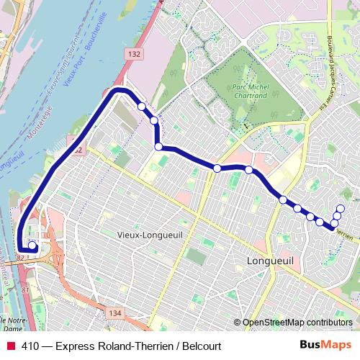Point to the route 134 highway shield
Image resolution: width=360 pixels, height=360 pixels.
coord(113,313)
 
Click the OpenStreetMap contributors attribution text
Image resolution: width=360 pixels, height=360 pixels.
coord(297,323)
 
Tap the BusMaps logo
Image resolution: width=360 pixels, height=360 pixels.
coord(325,345)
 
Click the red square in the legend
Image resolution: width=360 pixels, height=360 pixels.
coord(10,346)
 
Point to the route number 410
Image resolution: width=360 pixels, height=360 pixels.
coord(30,346)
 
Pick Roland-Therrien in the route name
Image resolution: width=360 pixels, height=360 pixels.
coord(131,346)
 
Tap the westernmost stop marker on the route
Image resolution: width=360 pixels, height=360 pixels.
coord(32,244)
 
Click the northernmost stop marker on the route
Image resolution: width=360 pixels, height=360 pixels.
coord(142,107)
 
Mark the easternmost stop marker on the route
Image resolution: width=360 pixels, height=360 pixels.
coord(341,210)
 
